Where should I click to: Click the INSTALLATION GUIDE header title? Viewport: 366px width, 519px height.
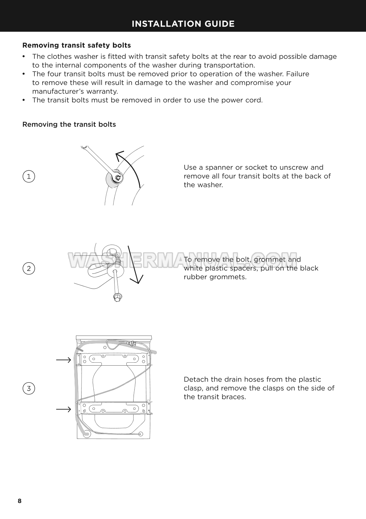pyautogui.click(x=183, y=24)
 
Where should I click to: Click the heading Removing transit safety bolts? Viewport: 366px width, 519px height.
pyautogui.click(x=77, y=45)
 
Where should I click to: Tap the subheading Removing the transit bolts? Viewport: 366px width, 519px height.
pyautogui.click(x=69, y=124)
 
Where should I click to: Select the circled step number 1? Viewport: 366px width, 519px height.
pyautogui.click(x=29, y=177)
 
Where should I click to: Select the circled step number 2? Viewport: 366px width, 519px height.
pyautogui.click(x=29, y=268)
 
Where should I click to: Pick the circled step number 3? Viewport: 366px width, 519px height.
pyautogui.click(x=29, y=388)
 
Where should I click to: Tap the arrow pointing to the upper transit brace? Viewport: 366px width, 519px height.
pyautogui.click(x=64, y=360)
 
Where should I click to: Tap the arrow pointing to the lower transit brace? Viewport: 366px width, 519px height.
pyautogui.click(x=64, y=409)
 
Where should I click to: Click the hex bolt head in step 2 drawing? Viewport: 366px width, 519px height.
pyautogui.click(x=117, y=297)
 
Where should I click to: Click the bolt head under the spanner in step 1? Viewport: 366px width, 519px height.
pyautogui.click(x=118, y=178)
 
